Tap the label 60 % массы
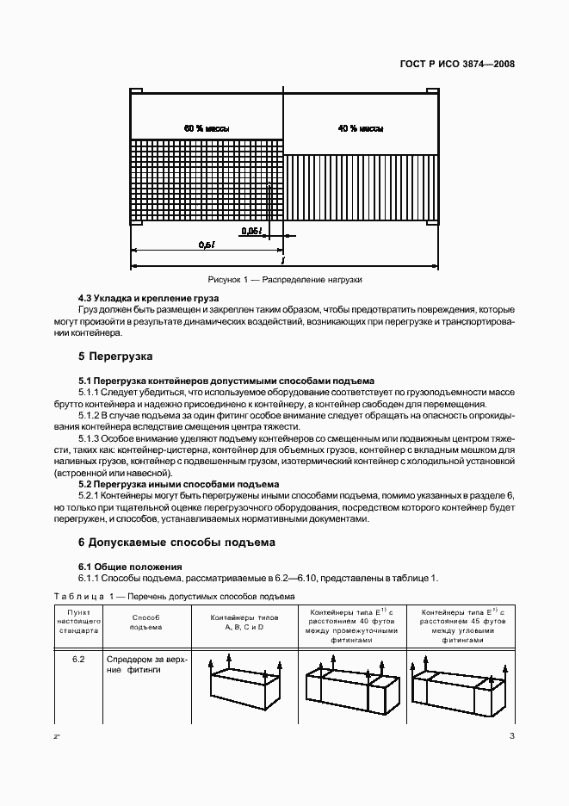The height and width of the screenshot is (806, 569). [207, 128]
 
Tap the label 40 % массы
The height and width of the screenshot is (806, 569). [361, 128]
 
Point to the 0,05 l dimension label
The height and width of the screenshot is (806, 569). [251, 231]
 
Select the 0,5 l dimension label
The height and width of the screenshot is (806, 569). [207, 245]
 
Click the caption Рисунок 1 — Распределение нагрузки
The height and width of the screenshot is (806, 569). [285, 280]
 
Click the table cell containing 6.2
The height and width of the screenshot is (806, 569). [78, 660]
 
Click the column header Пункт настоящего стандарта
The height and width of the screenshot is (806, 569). [78, 623]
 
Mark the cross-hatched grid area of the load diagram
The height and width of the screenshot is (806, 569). [207, 181]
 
